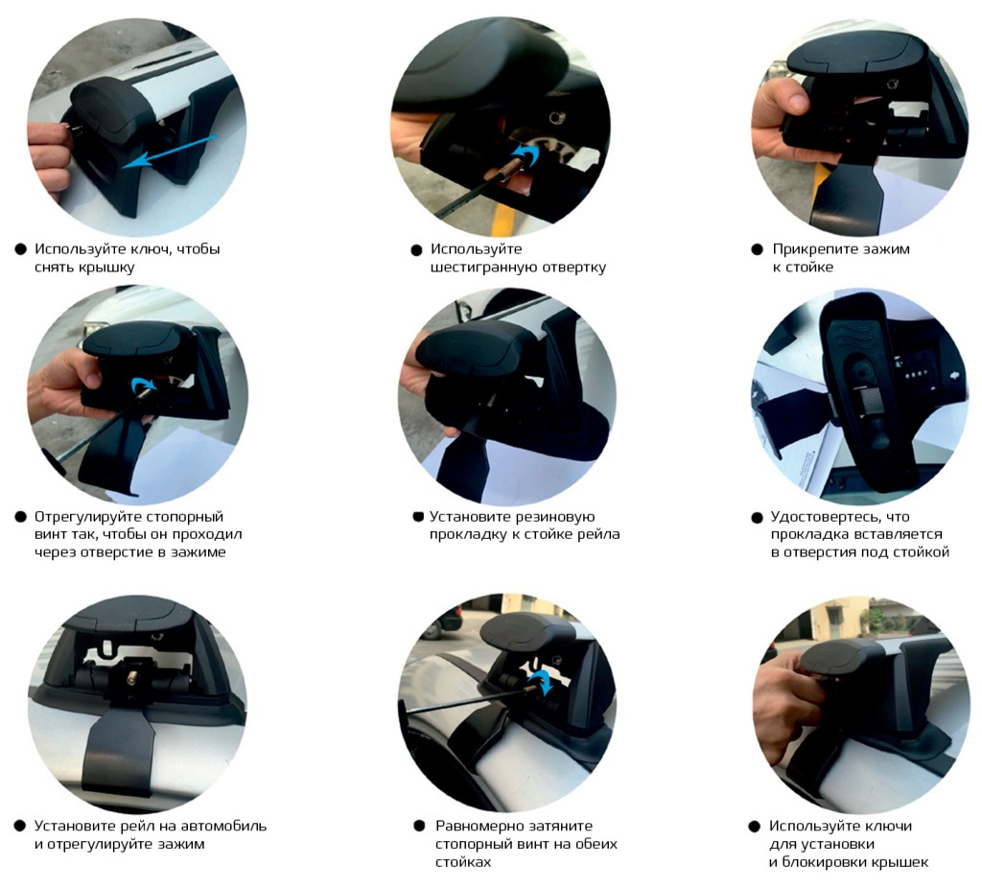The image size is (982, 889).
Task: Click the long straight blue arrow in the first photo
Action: [169, 151]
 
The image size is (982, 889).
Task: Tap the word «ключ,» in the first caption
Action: [150, 249]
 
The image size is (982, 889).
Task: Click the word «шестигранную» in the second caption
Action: [478, 268]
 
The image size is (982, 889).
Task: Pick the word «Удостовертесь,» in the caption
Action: [821, 518]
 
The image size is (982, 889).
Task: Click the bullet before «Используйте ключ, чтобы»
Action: [21, 249]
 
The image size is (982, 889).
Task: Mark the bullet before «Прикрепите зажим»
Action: [757, 249]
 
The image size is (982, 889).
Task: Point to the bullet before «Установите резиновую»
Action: [418, 517]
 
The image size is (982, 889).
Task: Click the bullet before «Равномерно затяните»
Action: [419, 826]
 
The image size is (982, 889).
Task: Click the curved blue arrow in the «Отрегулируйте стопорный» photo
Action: [142, 384]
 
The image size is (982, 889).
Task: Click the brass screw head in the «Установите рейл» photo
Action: [133, 678]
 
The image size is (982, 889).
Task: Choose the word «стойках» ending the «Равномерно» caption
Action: [463, 863]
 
